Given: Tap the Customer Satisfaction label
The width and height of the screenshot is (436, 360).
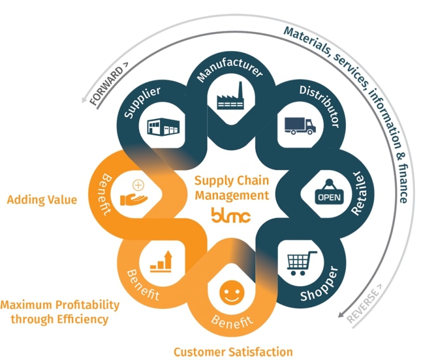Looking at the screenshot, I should point(233,351).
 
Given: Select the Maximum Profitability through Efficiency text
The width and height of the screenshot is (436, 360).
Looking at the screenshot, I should point(60,312).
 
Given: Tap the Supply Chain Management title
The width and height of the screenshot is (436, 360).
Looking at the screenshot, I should point(231,188).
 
